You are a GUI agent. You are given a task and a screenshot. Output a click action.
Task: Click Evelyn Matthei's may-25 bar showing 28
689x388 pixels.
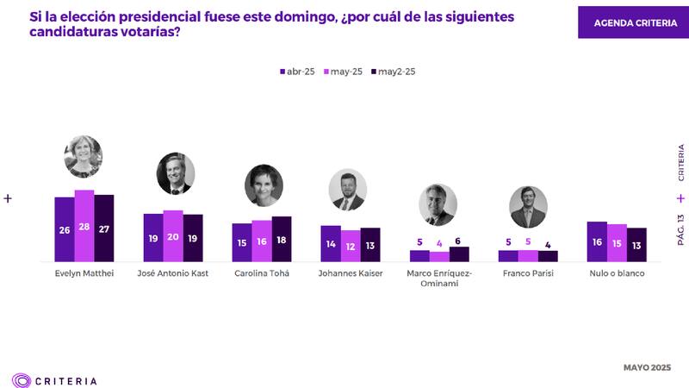pyautogui.click(x=84, y=225)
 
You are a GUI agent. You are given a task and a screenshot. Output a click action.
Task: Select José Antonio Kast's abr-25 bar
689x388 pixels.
pyautogui.click(x=153, y=237)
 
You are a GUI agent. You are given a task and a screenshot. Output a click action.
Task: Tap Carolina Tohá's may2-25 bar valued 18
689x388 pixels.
pyautogui.click(x=282, y=239)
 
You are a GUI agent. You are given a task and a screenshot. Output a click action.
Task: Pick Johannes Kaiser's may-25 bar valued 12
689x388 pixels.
pyautogui.click(x=351, y=246)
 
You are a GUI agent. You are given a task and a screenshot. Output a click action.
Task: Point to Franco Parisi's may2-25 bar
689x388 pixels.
pyautogui.click(x=548, y=255)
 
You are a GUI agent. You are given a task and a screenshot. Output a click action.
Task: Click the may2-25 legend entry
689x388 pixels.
pyautogui.click(x=394, y=72)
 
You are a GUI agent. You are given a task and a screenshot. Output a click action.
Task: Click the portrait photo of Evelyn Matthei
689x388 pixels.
pyautogui.click(x=84, y=156)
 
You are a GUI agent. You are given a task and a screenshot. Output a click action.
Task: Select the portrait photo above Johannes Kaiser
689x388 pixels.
pyautogui.click(x=348, y=190)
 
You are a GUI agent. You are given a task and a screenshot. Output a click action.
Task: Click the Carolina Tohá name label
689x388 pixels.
pyautogui.click(x=262, y=274)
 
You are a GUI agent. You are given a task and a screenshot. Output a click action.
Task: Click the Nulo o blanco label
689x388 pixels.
pyautogui.click(x=617, y=274)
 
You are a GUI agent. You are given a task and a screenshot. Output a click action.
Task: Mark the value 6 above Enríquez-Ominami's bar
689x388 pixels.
pyautogui.click(x=459, y=241)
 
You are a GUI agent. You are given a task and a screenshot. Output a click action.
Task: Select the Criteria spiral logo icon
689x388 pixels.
pyautogui.click(x=22, y=379)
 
